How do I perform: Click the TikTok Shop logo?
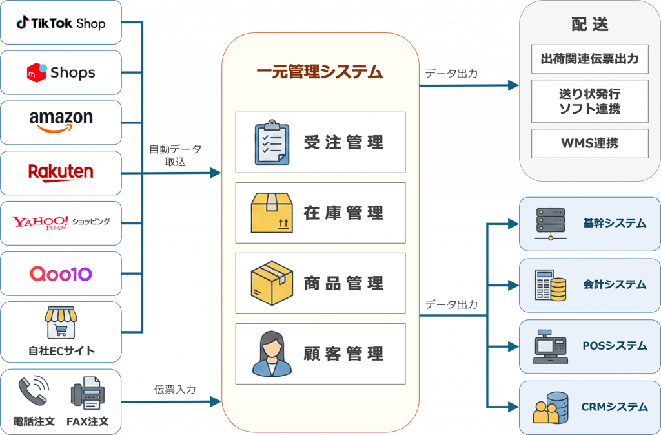click(x=61, y=23)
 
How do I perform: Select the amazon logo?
click(x=61, y=121)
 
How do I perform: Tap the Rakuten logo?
click(x=61, y=172)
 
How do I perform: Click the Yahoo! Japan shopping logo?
click(x=61, y=223)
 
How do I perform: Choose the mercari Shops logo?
click(x=61, y=72)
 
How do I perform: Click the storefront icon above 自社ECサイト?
click(x=61, y=323)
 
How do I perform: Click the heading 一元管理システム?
click(x=320, y=72)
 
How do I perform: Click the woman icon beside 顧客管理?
click(x=271, y=354)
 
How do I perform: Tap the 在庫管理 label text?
click(x=344, y=213)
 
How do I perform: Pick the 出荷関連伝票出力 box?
click(x=589, y=59)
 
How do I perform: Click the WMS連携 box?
click(x=589, y=143)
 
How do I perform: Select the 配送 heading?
click(x=589, y=25)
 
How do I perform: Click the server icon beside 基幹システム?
click(x=550, y=224)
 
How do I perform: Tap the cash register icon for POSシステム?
click(x=550, y=346)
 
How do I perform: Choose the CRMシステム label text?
click(x=614, y=407)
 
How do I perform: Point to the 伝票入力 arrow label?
click(x=174, y=390)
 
